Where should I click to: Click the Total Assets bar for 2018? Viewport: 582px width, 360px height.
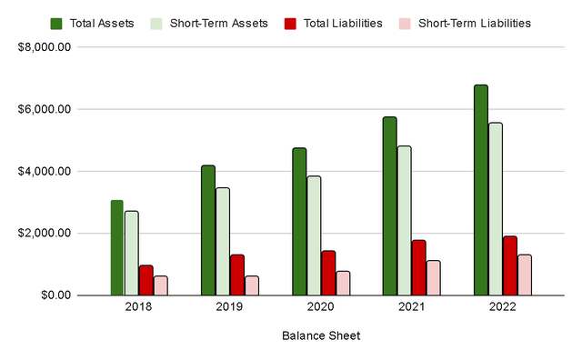point(117,247)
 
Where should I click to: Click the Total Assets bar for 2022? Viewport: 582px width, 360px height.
point(481,190)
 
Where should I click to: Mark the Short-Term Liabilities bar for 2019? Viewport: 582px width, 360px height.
point(252,285)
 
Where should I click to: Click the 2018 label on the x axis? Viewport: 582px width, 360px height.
point(138,307)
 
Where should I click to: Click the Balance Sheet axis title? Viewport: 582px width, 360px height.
point(320,336)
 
